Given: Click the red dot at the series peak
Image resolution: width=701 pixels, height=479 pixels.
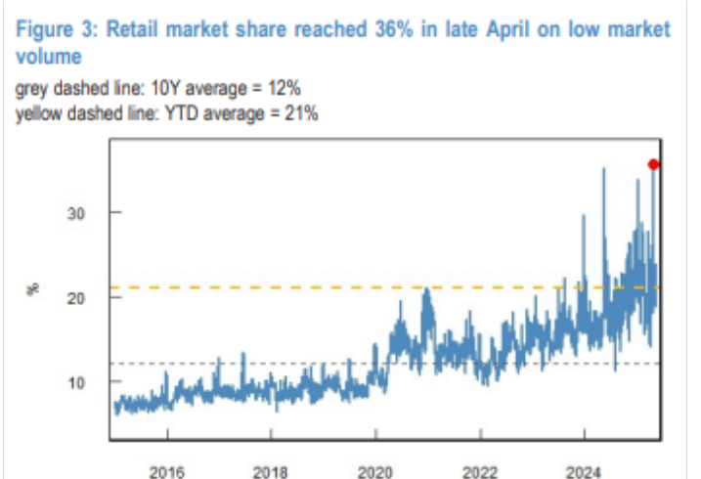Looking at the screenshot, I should (654, 164).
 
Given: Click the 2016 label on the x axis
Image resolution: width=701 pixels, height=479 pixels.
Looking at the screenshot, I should (166, 471).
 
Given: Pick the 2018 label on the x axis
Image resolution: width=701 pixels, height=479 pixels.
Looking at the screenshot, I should (271, 471).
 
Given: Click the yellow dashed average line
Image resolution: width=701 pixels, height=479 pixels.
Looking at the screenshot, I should (293, 287).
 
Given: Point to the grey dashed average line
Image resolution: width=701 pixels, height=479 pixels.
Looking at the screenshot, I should (293, 364).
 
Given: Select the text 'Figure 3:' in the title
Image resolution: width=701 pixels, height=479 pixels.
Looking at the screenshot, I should (55, 29).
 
